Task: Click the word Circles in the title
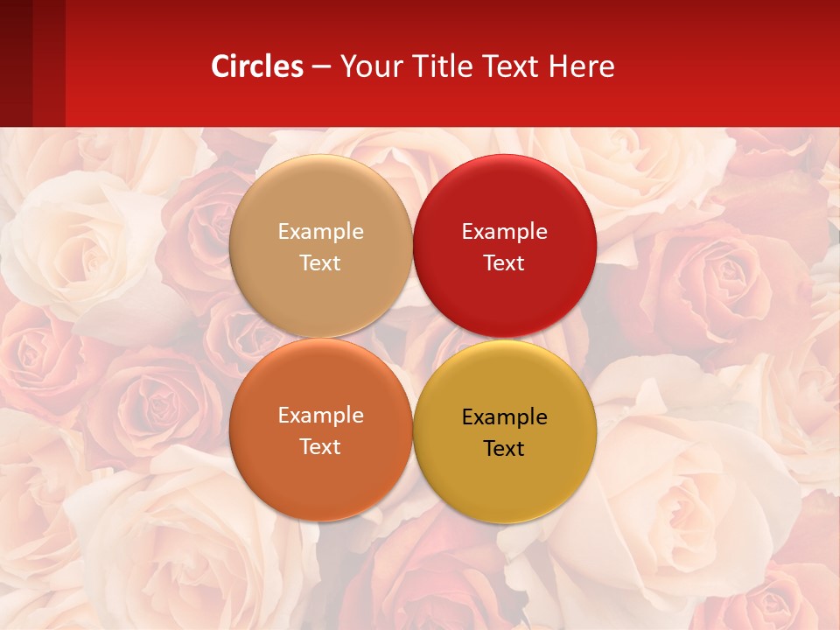257,66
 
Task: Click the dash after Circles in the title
321,66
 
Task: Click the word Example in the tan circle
320,232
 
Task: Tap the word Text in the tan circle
320,263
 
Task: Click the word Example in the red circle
504,232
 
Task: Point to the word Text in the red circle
504,263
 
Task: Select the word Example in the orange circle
320,416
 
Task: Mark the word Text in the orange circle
320,447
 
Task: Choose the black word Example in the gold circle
504,417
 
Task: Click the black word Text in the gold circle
504,449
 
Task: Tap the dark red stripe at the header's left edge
16,63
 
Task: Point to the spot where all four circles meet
412,339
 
